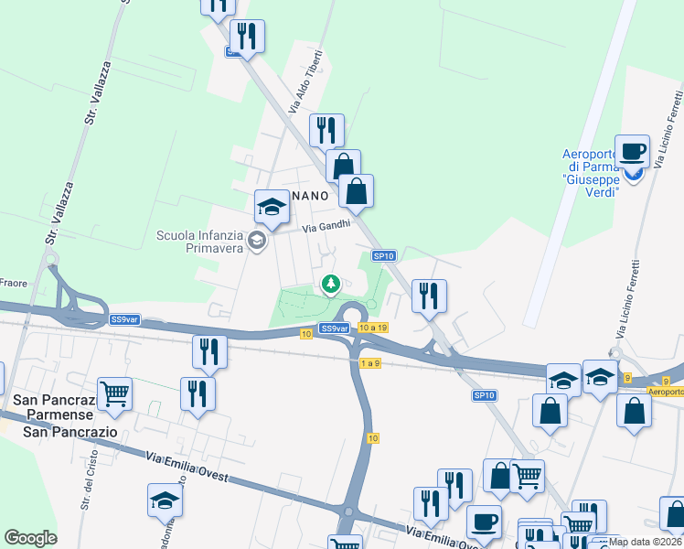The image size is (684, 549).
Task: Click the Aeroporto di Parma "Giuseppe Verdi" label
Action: pyautogui.click(x=591, y=167)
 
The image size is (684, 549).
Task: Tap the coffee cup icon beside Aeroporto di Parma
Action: pyautogui.click(x=633, y=151)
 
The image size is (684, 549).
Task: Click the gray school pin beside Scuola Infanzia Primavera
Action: pyautogui.click(x=257, y=241)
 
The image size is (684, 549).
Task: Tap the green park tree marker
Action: pyautogui.click(x=329, y=286)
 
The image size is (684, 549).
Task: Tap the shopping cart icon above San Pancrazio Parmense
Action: pyautogui.click(x=114, y=395)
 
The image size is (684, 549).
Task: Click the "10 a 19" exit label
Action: pyautogui.click(x=374, y=328)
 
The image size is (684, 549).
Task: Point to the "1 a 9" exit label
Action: pyautogui.click(x=369, y=363)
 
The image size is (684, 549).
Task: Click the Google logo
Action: pyautogui.click(x=30, y=538)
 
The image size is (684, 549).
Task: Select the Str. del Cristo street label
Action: pyautogui.click(x=88, y=490)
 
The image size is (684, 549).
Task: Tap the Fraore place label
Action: pyautogui.click(x=14, y=282)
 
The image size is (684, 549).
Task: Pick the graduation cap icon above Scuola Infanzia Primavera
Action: pyautogui.click(x=271, y=207)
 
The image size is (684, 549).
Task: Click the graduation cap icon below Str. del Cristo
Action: pyautogui.click(x=165, y=501)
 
